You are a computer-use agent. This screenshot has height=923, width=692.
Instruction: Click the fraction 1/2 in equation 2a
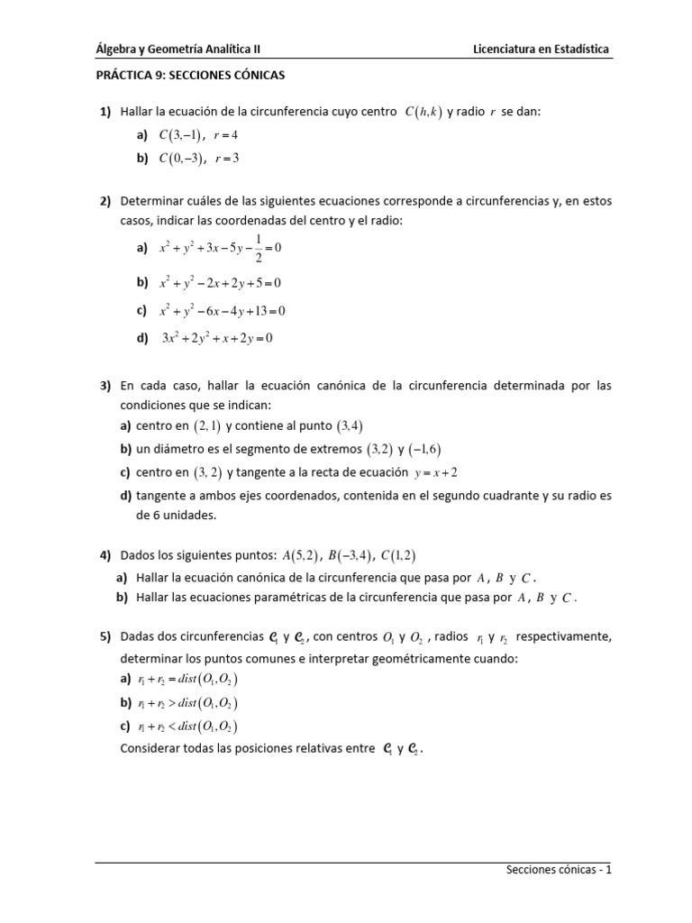pos(260,247)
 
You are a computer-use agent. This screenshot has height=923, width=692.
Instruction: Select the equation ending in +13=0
pos(223,311)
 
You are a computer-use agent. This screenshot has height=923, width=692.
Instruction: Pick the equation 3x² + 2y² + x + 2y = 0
pos(216,339)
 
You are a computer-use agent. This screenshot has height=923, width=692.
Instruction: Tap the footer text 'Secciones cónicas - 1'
pos(559,871)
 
